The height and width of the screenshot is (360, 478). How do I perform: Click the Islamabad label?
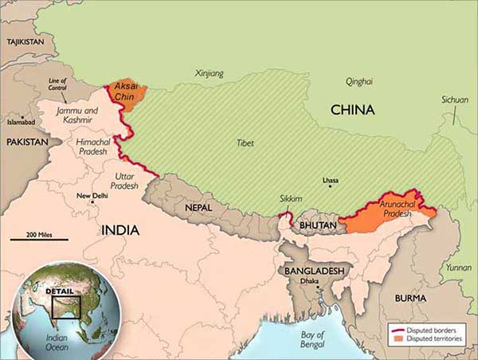[21, 123]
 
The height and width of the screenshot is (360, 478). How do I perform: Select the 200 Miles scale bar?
[39, 239]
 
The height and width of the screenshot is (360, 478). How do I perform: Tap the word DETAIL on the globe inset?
[60, 292]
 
